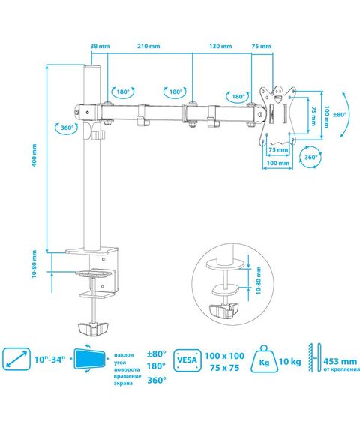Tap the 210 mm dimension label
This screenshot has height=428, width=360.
pos(148,46)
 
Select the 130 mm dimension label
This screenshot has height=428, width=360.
pos(220,46)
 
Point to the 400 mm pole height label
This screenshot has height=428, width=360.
pos(34,155)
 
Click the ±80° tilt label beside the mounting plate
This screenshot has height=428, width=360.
pos(340,115)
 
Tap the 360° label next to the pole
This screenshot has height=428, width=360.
pos(67,128)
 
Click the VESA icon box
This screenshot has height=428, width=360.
pos(187,360)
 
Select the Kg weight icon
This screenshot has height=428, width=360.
pos(264,359)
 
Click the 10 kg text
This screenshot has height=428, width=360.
pos(290,362)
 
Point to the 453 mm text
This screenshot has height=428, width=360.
pos(340,361)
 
